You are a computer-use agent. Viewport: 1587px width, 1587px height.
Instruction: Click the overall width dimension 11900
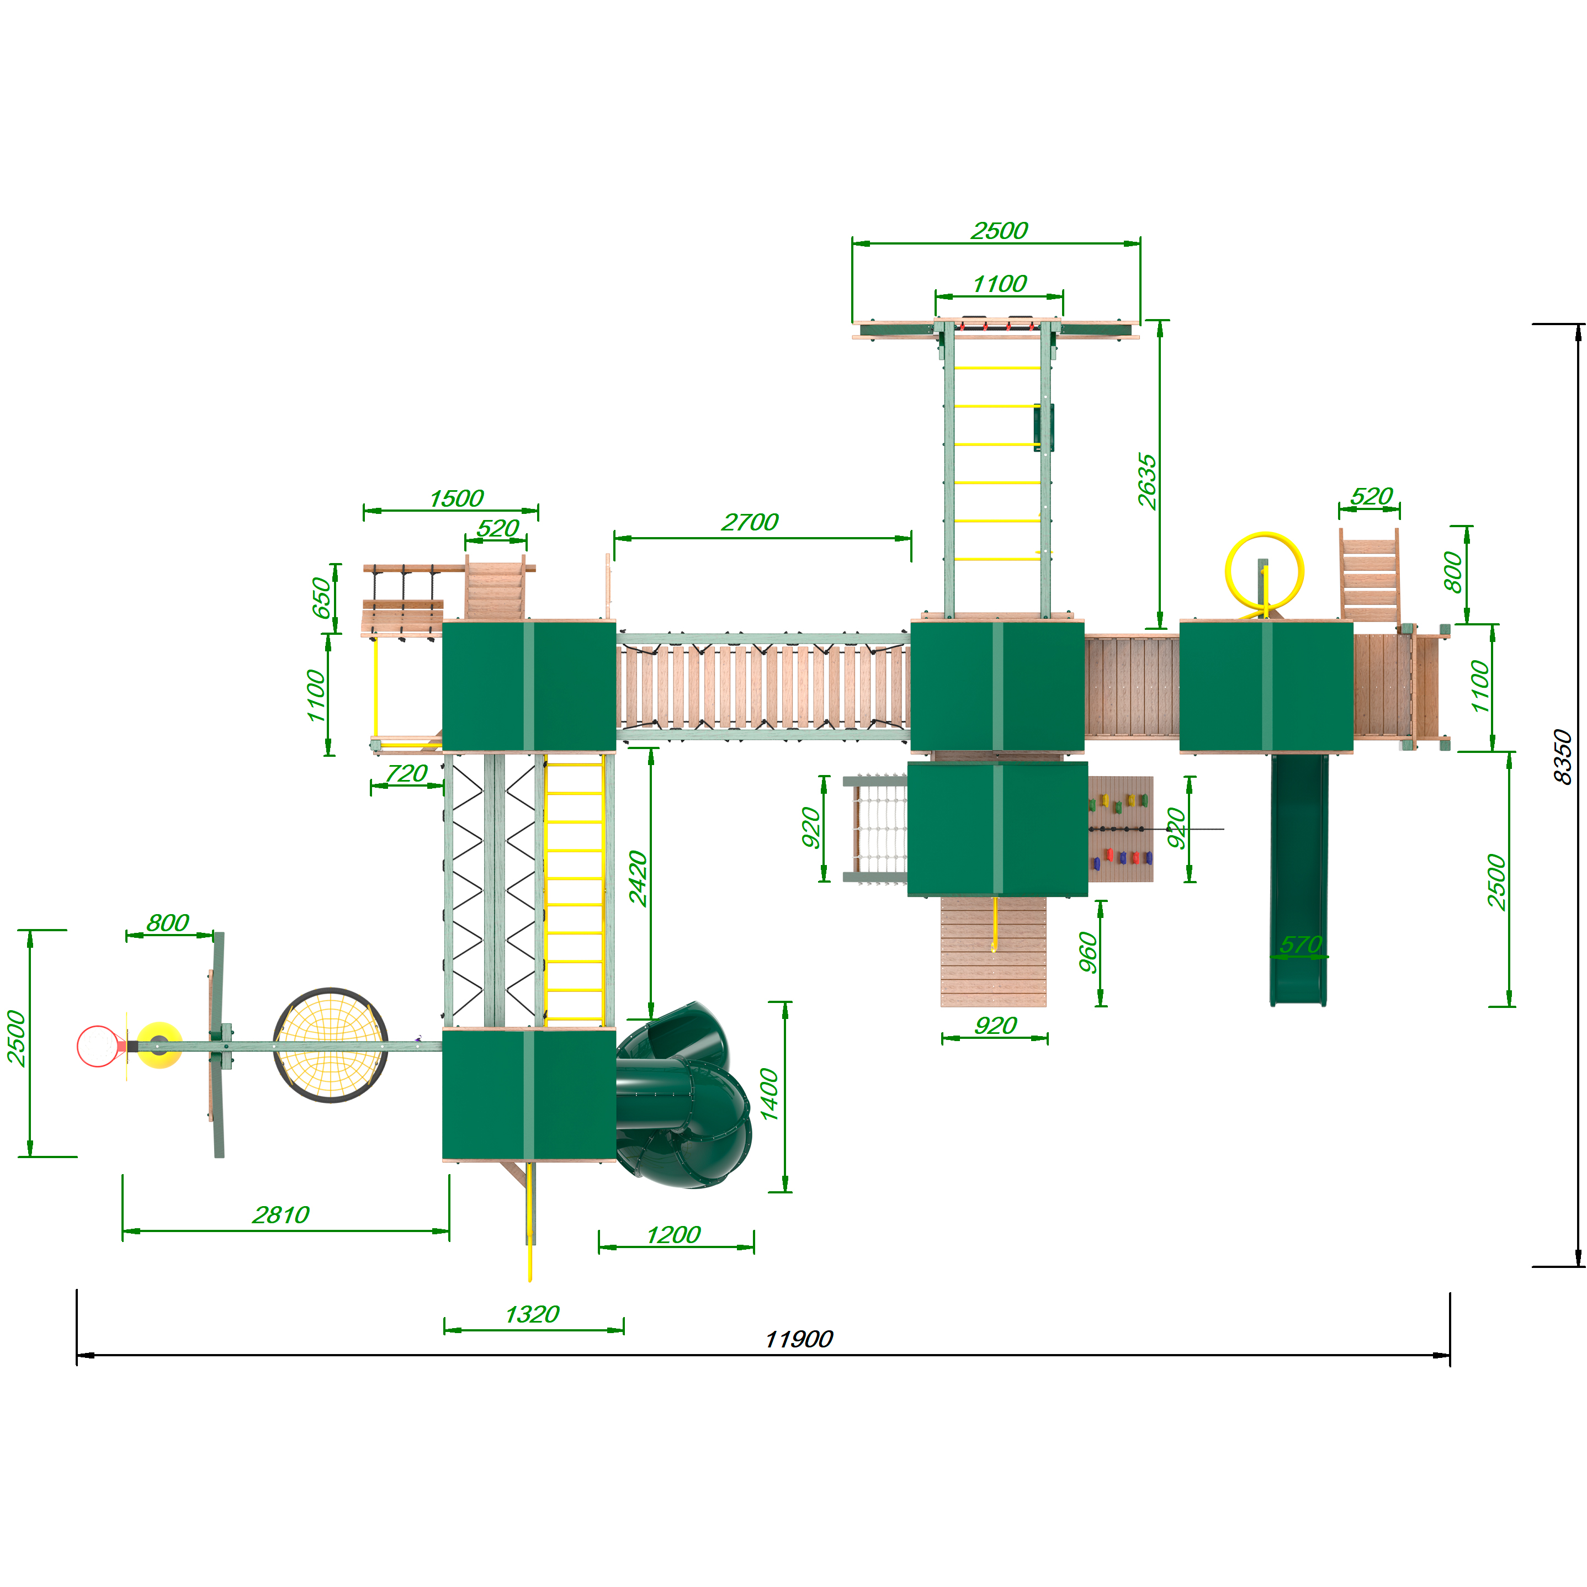click(x=798, y=1340)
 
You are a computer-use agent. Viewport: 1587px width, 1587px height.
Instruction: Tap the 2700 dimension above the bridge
click(x=749, y=522)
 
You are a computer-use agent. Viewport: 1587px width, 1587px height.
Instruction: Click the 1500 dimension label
click(x=456, y=498)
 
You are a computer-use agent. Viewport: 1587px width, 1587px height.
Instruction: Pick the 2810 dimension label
click(x=281, y=1215)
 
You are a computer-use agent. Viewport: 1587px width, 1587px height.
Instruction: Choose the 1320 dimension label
click(x=532, y=1314)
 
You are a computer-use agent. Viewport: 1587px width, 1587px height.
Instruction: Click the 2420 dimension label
click(x=638, y=878)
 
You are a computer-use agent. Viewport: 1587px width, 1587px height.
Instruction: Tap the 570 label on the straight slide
click(x=1301, y=944)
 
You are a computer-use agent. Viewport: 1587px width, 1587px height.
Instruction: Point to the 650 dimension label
click(x=320, y=598)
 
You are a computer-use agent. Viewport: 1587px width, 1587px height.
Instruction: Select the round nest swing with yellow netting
click(x=330, y=1045)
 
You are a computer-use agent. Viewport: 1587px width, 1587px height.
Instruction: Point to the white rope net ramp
click(x=880, y=828)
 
